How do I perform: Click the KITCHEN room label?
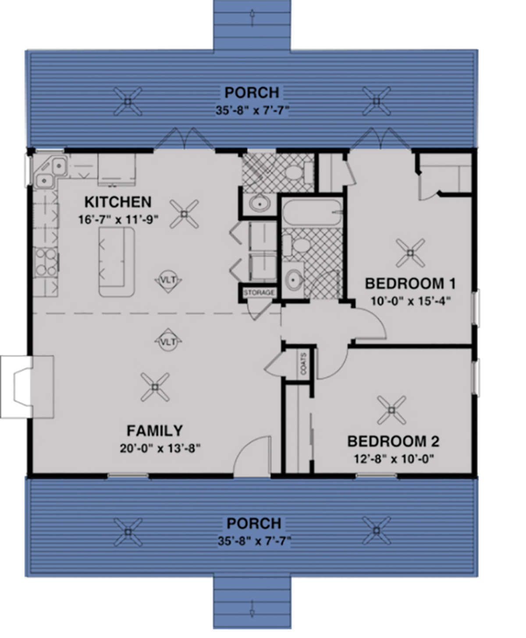[x=117, y=202]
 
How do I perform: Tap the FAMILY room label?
[x=154, y=431]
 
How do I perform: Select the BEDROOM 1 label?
[x=411, y=283]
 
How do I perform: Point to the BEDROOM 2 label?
[x=393, y=441]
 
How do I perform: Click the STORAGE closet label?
[x=259, y=292]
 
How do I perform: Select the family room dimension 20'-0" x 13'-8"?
[x=160, y=448]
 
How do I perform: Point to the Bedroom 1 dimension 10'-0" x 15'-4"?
[x=411, y=301]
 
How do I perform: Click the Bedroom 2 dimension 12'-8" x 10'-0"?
[x=394, y=459]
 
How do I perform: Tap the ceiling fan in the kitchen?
[x=184, y=214]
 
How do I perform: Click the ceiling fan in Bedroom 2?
[x=392, y=410]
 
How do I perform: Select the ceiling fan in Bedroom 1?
[x=410, y=253]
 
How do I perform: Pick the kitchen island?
[x=116, y=262]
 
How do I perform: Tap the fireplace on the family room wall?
[x=28, y=387]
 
